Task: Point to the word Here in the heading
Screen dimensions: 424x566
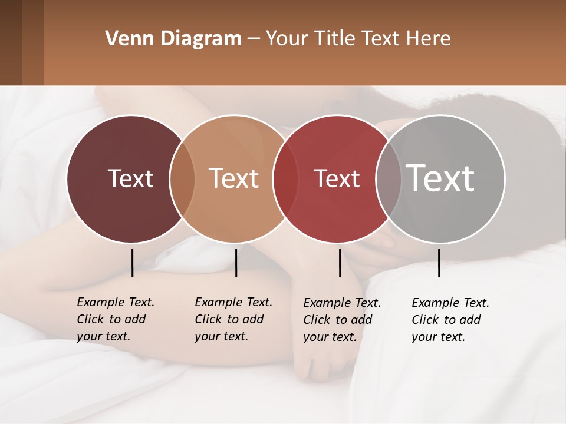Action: (429, 39)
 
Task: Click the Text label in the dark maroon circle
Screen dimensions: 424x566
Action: (130, 178)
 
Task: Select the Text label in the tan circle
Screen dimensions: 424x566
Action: (234, 178)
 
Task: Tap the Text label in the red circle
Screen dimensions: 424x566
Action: (337, 178)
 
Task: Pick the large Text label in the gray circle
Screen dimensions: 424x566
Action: (440, 178)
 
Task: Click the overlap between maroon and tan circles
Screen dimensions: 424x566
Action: (182, 178)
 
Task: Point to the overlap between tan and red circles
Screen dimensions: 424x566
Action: (285, 178)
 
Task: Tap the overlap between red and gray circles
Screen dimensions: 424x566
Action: (388, 178)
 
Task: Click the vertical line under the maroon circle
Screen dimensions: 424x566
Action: (132, 263)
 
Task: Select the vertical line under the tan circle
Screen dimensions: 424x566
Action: (236, 263)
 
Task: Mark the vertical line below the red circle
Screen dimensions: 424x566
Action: (340, 263)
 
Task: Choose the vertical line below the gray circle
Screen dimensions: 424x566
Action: (439, 263)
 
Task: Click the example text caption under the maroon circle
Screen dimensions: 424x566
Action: (115, 319)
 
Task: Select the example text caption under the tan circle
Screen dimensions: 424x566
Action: (233, 319)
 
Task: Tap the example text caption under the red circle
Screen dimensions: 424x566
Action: (341, 320)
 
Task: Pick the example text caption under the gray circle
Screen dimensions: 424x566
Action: (450, 320)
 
